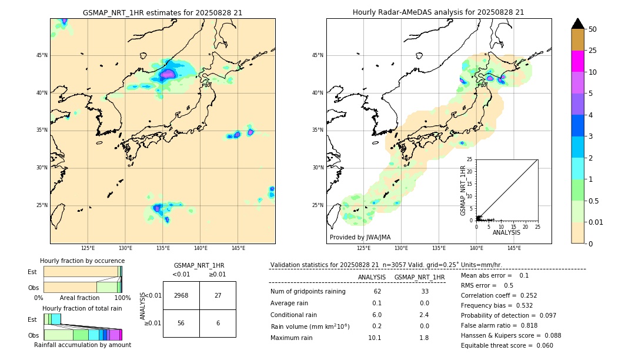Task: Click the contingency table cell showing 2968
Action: coord(181,295)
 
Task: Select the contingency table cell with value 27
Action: coord(218,295)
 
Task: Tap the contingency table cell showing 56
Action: coord(181,323)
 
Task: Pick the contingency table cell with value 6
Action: coord(218,323)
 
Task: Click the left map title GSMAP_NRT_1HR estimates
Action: coord(162,12)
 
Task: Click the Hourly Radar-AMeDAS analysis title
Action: coord(439,12)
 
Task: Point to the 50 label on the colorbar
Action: coord(593,29)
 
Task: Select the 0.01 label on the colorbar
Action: coord(596,222)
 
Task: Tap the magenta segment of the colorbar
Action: coord(577,61)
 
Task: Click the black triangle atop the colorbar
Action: coord(577,24)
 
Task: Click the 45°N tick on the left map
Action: coord(42,55)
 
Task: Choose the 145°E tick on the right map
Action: coord(514,248)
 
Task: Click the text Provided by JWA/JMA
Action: coord(360,238)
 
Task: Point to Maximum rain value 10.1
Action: coord(375,338)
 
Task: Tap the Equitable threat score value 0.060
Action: coord(542,345)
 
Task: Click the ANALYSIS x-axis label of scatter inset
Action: coord(506,232)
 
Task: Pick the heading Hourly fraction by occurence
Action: coord(82,261)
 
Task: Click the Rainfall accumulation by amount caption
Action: coord(82,345)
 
